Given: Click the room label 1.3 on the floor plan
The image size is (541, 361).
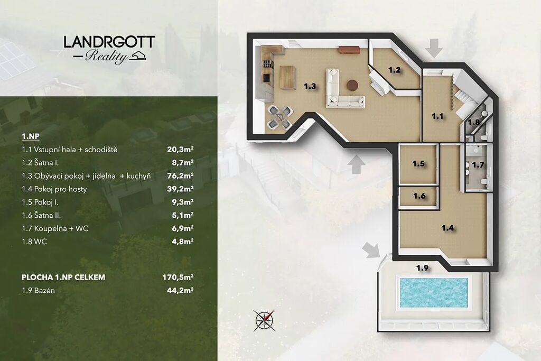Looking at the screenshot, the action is pos(310,86).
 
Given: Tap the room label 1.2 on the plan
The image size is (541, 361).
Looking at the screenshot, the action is pos(394,70).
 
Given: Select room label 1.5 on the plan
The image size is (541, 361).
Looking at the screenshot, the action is pos(418,164).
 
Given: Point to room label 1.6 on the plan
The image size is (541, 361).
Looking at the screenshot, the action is pos(419,196).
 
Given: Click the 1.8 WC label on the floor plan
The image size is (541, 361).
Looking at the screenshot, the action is pos(473,122).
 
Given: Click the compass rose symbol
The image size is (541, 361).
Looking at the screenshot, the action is pos(265,320).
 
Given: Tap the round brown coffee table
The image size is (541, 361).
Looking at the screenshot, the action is pos(352,85).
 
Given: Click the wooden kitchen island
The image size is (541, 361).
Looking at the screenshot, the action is pos(288,78).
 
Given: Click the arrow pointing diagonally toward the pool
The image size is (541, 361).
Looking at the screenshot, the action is pos(371,250).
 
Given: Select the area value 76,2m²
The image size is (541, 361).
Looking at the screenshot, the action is pos(180,175).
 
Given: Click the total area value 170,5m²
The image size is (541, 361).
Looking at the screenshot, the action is pos(178,277).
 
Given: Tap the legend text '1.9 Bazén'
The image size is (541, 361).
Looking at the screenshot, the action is pos(38,291).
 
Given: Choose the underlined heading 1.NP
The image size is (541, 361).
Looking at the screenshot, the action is pos(31,136).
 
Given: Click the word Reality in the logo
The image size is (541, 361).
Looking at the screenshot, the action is pos(106,56).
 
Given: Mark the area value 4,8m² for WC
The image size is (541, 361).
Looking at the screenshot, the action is pos(182,242).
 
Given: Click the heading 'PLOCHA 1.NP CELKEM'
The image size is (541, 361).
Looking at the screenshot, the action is pos(63,277).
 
